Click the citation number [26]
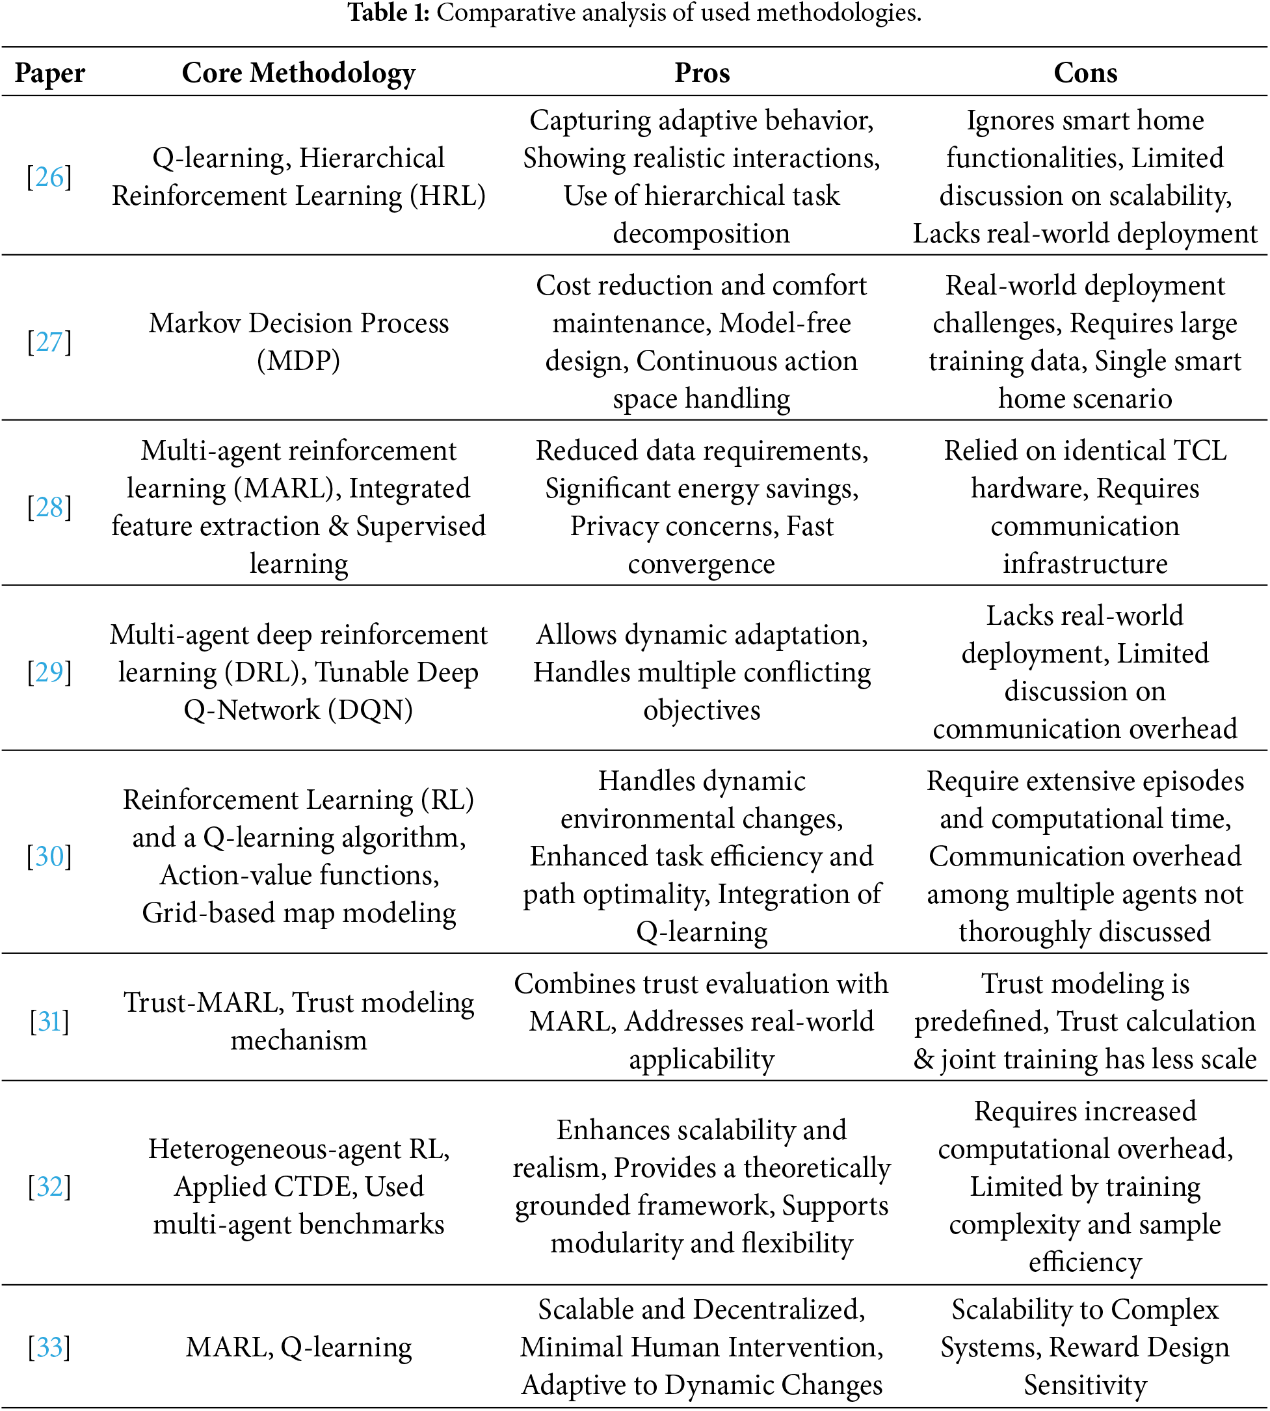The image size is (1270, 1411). click(x=49, y=178)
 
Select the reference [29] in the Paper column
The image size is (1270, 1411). click(x=49, y=672)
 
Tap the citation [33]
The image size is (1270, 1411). click(x=49, y=1347)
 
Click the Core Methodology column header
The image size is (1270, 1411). click(x=298, y=73)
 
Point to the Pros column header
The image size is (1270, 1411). click(x=702, y=73)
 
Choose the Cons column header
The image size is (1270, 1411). click(x=1085, y=73)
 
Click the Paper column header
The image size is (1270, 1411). click(x=49, y=73)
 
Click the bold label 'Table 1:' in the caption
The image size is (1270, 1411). click(x=389, y=12)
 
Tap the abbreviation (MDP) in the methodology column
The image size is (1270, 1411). click(x=298, y=361)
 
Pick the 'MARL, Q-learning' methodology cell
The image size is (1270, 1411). click(x=298, y=1347)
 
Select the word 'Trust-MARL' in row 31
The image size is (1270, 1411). click(x=203, y=1003)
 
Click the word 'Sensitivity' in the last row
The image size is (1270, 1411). click(x=1085, y=1384)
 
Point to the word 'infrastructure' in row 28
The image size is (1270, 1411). click(x=1085, y=564)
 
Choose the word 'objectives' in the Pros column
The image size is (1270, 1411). click(x=702, y=709)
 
